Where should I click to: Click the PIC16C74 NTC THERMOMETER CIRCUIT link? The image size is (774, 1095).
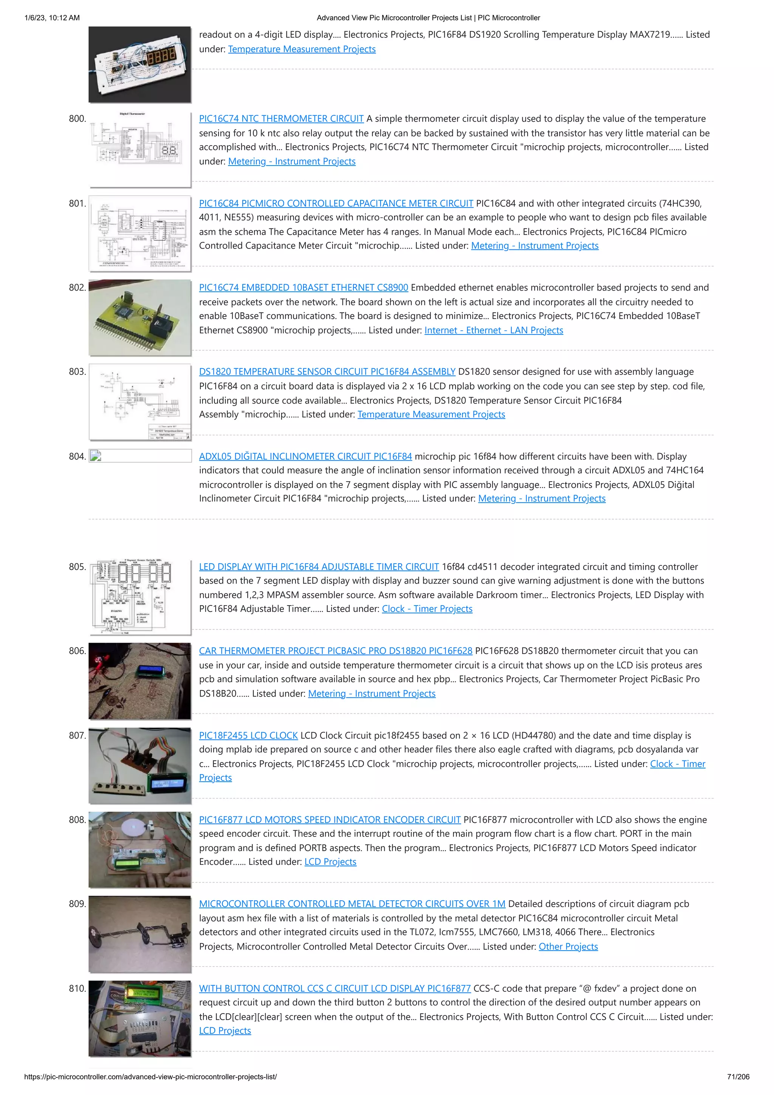tap(281, 119)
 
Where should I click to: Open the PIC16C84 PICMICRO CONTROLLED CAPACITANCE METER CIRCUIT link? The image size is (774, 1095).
tap(336, 203)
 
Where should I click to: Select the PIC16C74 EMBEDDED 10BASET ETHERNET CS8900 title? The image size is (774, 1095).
tap(303, 288)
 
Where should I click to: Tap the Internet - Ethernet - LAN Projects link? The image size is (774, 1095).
tap(494, 330)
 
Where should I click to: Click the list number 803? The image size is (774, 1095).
tap(77, 372)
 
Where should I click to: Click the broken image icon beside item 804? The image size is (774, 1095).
tap(95, 456)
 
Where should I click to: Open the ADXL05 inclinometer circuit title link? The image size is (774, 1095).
tap(305, 457)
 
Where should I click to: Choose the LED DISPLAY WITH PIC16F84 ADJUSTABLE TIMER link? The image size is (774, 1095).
tap(319, 567)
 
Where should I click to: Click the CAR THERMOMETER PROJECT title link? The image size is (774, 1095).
tap(335, 651)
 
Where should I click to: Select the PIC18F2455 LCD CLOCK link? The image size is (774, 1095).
tap(248, 736)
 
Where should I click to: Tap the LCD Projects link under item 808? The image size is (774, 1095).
tap(330, 862)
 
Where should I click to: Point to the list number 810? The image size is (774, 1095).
tap(77, 988)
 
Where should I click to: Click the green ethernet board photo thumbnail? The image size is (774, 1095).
tap(140, 317)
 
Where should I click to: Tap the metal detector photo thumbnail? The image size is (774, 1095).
tap(140, 934)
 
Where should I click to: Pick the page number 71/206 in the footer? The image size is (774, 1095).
tap(738, 1076)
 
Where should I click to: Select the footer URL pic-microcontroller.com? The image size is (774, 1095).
tap(150, 1076)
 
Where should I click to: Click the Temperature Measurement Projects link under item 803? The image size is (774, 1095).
tap(431, 414)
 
